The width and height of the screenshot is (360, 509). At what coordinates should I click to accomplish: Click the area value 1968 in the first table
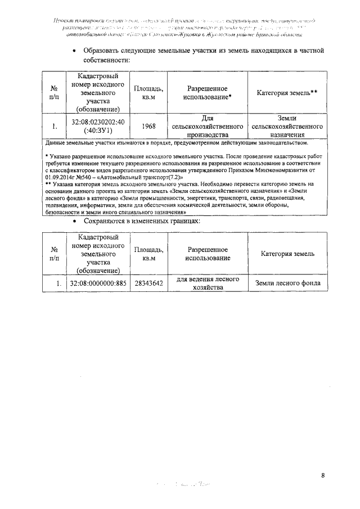(x=148, y=127)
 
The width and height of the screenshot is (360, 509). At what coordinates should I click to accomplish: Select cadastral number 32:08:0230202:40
(x=98, y=122)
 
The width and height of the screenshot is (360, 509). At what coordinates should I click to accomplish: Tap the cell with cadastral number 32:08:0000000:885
(x=98, y=283)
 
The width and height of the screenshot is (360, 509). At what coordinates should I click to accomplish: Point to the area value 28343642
(x=148, y=283)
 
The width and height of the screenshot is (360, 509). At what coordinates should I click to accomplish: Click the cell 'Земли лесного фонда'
(x=287, y=283)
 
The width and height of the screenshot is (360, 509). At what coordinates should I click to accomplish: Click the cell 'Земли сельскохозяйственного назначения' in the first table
(x=287, y=127)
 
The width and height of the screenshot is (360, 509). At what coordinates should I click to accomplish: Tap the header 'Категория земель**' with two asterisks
(x=287, y=93)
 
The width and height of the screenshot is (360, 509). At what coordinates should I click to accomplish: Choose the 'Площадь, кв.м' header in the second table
(x=148, y=254)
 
